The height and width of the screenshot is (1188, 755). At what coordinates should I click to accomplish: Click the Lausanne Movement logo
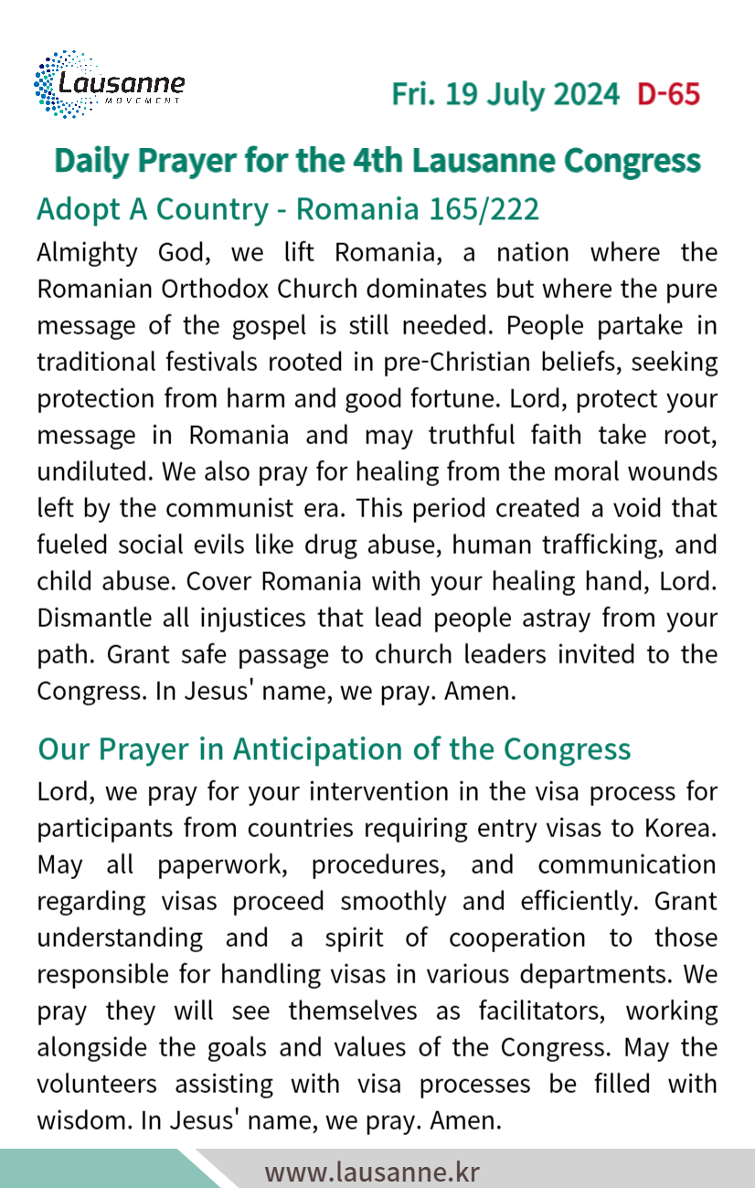[109, 85]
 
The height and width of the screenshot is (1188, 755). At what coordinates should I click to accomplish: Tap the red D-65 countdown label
[668, 94]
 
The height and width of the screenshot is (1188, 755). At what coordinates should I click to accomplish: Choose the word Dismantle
[96, 618]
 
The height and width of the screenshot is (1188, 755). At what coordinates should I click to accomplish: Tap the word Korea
[680, 828]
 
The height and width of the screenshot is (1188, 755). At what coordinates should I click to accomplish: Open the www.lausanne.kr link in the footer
[372, 1172]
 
